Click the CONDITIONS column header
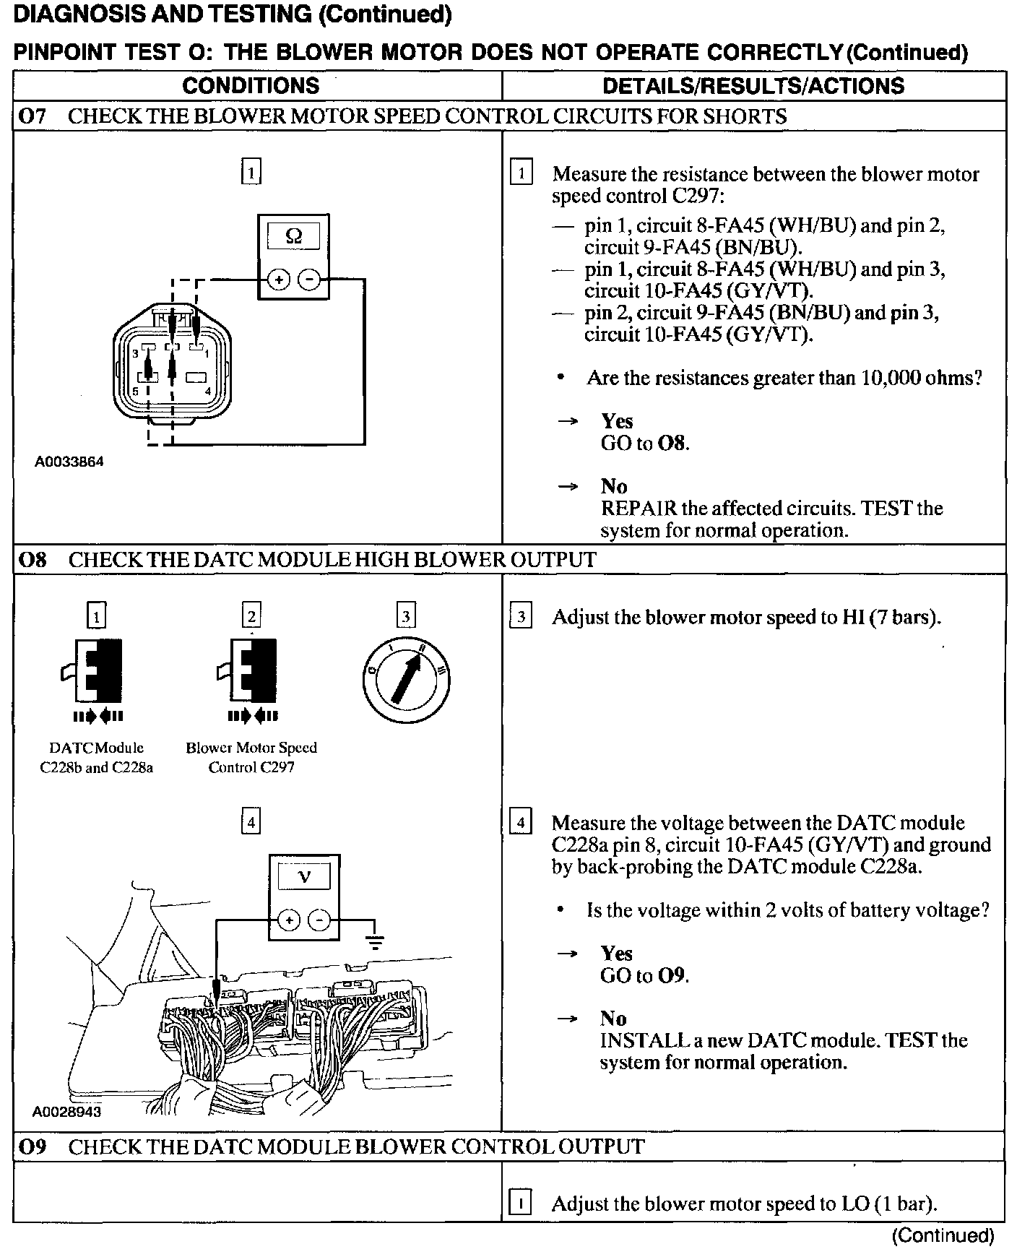pos(251,86)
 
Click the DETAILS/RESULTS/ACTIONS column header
pos(753,86)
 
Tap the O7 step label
pos(32,116)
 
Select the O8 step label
pos(32,559)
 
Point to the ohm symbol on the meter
pos(294,236)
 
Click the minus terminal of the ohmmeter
pos(309,279)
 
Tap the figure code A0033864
pos(69,462)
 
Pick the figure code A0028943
pos(66,1112)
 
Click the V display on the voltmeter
pos(304,877)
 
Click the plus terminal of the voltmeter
pos(289,920)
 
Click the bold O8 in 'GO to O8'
pos(672,443)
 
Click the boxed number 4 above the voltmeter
pos(251,823)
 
